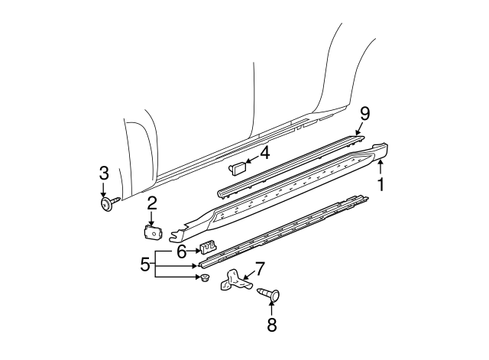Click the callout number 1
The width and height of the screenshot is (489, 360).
[380, 183]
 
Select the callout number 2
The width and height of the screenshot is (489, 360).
[152, 203]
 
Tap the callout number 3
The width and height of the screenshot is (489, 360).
[104, 174]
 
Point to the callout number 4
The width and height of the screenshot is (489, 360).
[265, 153]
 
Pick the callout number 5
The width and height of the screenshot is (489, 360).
[144, 265]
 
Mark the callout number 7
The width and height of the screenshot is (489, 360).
[260, 268]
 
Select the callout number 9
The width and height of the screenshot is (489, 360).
[364, 114]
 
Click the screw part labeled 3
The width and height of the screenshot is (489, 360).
[106, 203]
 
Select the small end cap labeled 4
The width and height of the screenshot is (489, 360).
[236, 164]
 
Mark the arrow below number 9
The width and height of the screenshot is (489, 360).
[361, 128]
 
